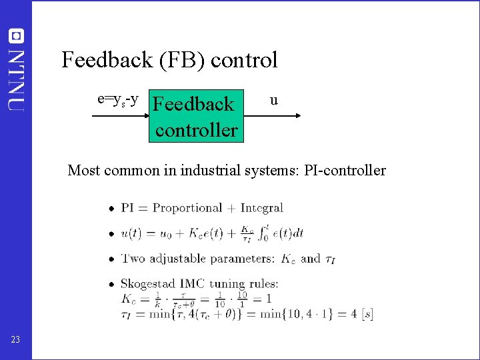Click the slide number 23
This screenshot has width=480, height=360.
click(x=15, y=340)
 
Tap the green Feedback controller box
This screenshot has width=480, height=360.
click(x=195, y=116)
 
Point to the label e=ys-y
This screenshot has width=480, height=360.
click(x=118, y=100)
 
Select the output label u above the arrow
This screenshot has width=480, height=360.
click(x=273, y=101)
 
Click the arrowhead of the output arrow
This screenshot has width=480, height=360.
click(x=297, y=116)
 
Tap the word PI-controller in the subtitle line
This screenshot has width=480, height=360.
click(x=345, y=170)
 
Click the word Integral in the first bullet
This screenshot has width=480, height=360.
click(x=262, y=208)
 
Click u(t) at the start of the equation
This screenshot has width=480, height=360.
click(x=131, y=234)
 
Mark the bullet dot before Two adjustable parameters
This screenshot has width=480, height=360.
click(x=111, y=259)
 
